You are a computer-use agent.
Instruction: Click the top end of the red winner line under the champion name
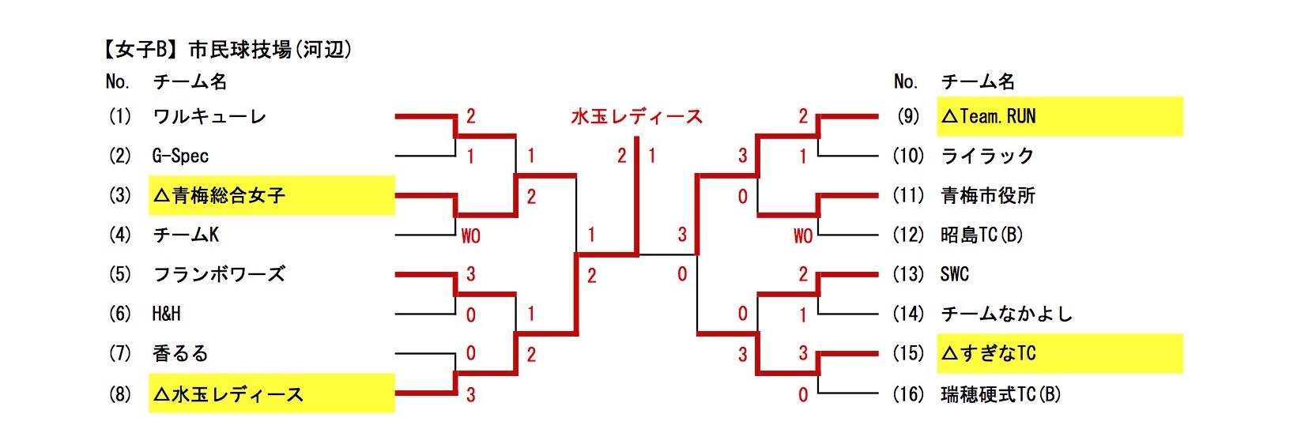(x=637, y=137)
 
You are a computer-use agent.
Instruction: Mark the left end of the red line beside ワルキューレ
(x=395, y=117)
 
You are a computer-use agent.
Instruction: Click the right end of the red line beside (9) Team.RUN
(x=877, y=117)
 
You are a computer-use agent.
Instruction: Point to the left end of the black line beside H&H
(x=395, y=314)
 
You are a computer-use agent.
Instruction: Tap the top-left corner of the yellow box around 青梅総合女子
(x=149, y=176)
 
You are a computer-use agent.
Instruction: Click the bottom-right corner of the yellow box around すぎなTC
(x=1182, y=373)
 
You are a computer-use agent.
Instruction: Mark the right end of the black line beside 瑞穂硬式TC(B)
(x=878, y=393)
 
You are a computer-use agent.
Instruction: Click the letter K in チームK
(x=213, y=235)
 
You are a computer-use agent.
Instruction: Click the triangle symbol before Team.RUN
(x=949, y=116)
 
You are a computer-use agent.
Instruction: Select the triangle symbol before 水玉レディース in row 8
(x=161, y=394)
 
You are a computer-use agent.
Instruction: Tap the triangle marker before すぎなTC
(x=949, y=353)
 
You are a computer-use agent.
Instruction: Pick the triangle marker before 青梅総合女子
(x=161, y=196)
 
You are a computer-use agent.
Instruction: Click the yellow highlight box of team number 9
(x=1060, y=117)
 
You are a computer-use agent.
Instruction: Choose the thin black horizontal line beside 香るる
(x=425, y=353)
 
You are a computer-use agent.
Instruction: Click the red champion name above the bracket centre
(x=636, y=117)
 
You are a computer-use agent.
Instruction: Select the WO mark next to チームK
(x=470, y=236)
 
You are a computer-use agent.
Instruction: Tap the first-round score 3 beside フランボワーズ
(x=470, y=274)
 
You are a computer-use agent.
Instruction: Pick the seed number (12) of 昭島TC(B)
(x=908, y=235)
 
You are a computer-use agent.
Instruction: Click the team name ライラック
(x=987, y=156)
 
